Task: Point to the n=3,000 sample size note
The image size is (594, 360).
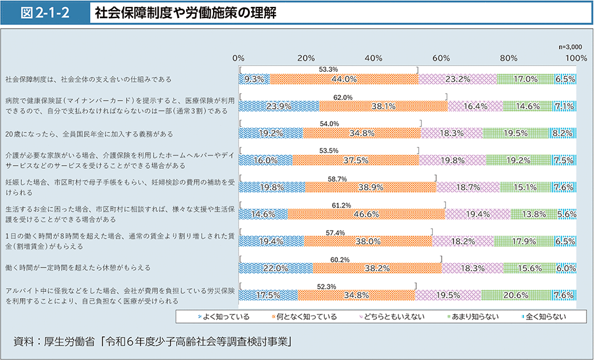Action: [x=570, y=46]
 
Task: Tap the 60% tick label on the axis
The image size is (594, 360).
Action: [x=441, y=57]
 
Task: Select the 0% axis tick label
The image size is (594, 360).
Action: [x=238, y=57]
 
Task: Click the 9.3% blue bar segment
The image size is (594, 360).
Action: [x=254, y=79]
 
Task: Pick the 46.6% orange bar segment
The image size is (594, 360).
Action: [x=366, y=214]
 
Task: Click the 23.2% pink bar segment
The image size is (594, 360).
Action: [x=458, y=79]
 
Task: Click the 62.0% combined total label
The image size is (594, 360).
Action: [x=343, y=97]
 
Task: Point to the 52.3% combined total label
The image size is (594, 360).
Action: [x=327, y=286]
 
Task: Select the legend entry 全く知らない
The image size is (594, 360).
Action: [x=542, y=316]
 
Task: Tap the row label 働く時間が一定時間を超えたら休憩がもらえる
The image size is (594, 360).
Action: [x=78, y=267]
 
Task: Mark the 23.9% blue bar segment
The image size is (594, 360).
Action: [x=279, y=106]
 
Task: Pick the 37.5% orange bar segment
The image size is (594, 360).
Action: [x=355, y=160]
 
